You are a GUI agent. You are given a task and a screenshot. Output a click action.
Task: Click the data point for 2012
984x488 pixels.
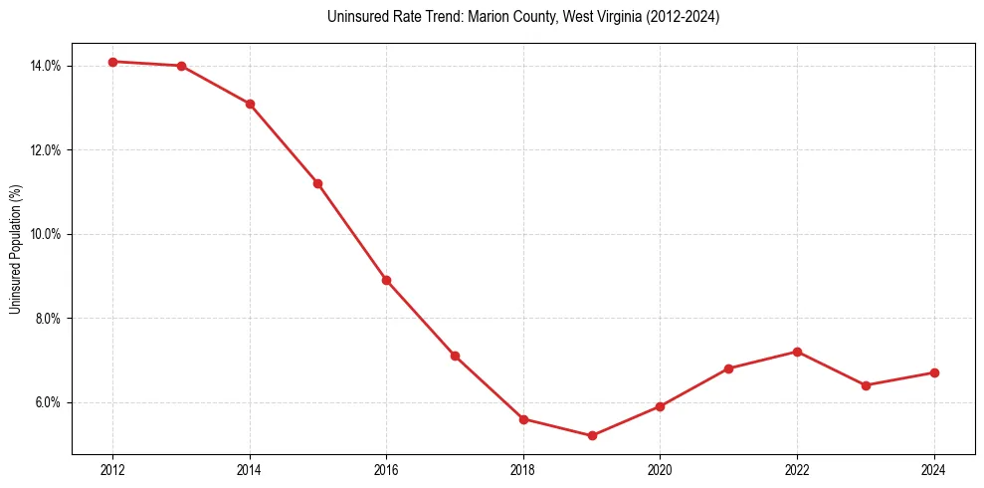click(x=112, y=62)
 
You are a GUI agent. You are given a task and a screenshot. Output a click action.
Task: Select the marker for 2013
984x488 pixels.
click(x=181, y=66)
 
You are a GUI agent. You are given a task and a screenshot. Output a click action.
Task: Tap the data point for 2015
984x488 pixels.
click(x=317, y=183)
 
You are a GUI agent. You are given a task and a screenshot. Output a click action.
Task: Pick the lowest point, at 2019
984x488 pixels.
click(x=592, y=435)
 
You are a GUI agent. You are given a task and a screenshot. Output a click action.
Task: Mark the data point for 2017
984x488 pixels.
click(x=455, y=356)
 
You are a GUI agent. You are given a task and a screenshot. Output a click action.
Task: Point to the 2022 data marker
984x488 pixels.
click(x=797, y=352)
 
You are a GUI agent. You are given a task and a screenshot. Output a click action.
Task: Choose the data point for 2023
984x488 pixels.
click(x=866, y=385)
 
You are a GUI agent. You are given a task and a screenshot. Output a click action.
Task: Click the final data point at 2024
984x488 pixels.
click(x=934, y=372)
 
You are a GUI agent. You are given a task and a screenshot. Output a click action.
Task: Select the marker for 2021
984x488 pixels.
click(x=728, y=368)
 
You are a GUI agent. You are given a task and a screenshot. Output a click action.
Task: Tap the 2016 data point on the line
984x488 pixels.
click(x=386, y=280)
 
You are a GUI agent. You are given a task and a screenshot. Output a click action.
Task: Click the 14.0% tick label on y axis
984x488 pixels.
click(x=46, y=66)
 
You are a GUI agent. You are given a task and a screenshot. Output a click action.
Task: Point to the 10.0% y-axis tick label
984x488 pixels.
click(x=46, y=234)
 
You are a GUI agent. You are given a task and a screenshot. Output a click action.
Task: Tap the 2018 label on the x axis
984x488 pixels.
click(x=523, y=470)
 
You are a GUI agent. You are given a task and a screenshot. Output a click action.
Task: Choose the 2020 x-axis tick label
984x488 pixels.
click(x=660, y=470)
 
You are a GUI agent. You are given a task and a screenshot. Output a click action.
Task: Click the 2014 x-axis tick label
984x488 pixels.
click(x=250, y=470)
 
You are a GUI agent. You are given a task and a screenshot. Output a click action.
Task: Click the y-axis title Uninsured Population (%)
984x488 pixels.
click(x=15, y=249)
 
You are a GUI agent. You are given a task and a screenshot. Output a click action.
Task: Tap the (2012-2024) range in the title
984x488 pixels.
click(x=684, y=17)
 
